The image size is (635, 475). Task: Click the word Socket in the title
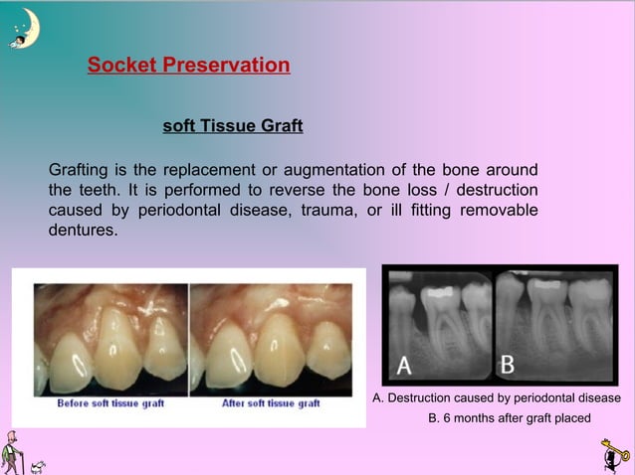click(117, 67)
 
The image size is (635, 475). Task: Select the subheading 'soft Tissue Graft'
click(232, 127)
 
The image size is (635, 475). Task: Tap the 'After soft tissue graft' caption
click(271, 403)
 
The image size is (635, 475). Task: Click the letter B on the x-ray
click(507, 365)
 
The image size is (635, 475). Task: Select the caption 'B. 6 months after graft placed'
click(509, 417)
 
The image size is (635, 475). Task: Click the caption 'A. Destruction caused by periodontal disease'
click(497, 397)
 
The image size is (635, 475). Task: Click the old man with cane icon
click(12, 452)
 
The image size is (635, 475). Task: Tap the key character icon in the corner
click(614, 455)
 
